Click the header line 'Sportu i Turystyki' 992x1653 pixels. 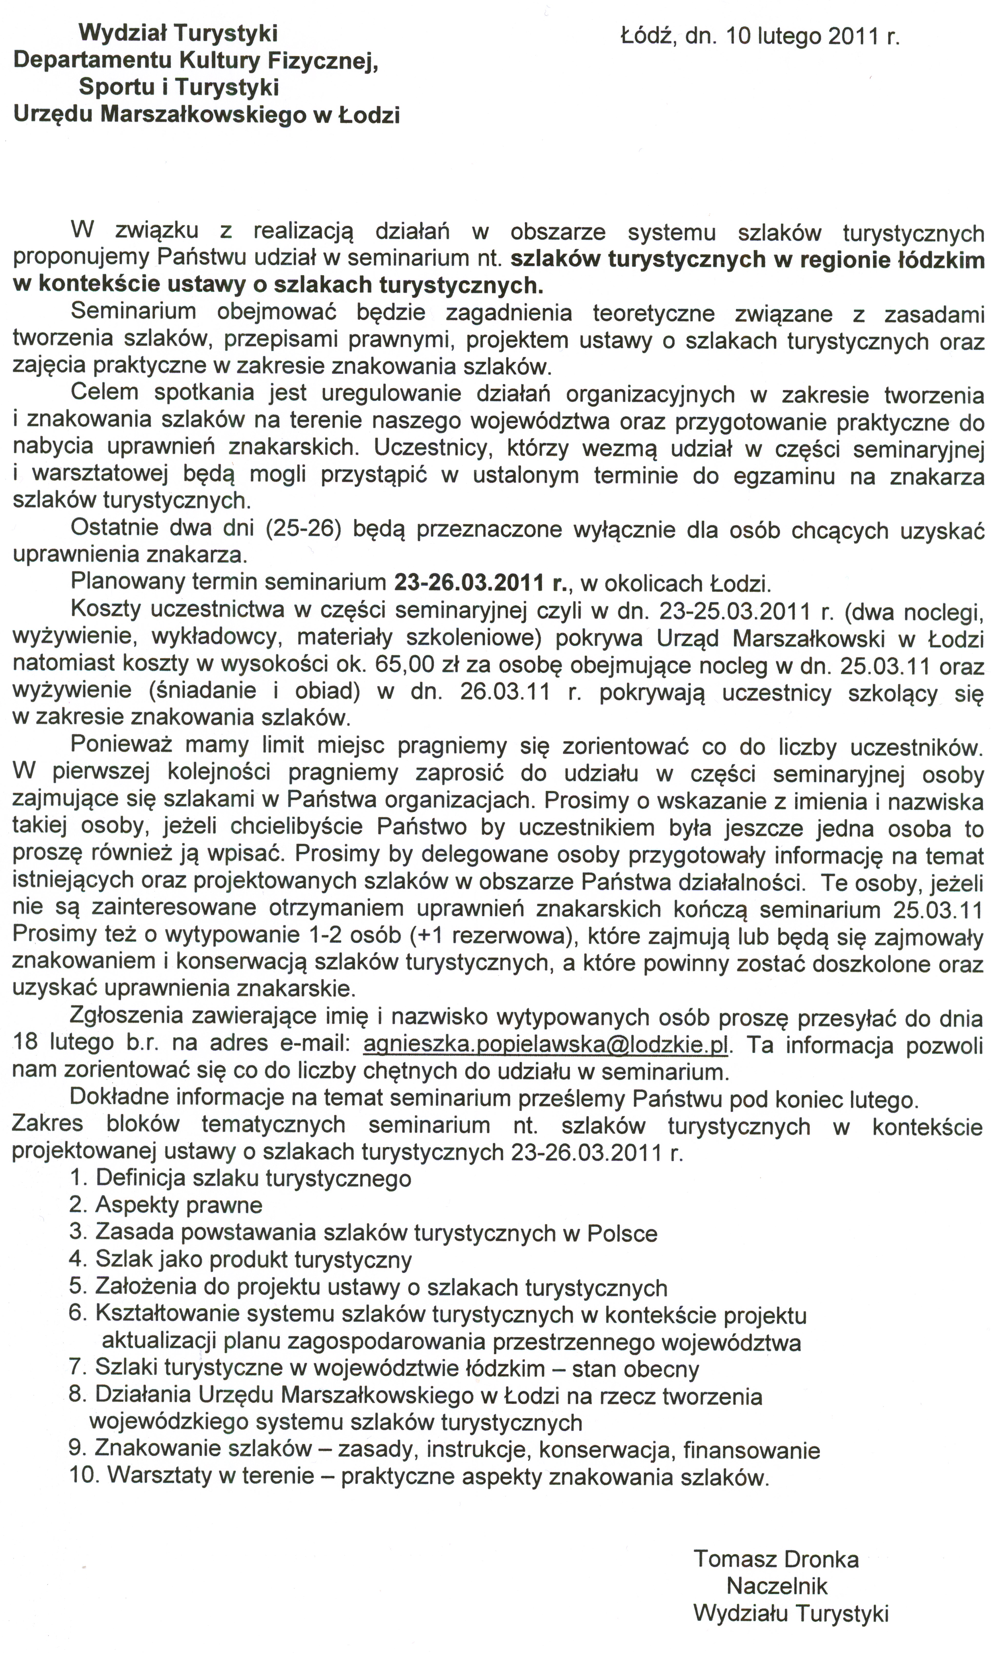click(x=178, y=87)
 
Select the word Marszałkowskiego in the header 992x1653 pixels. click(x=203, y=115)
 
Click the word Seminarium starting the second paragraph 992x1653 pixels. click(x=133, y=311)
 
